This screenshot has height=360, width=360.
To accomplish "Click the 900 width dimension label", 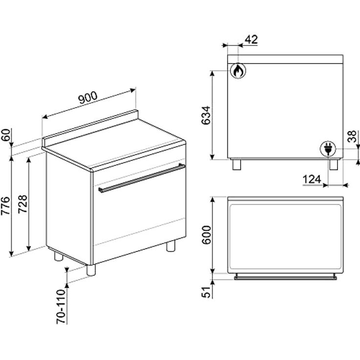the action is point(88,97).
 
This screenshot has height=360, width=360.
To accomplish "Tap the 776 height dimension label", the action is point(6,206).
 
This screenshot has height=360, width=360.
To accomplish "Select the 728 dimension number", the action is point(22,204).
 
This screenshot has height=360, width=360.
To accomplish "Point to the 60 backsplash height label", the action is point(6,135).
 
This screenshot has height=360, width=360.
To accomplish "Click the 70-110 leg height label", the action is point(61,307).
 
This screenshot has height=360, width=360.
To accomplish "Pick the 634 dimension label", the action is point(206,115).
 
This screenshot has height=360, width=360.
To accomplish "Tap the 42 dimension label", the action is point(251,40).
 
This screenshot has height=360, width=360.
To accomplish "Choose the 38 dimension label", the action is point(352,136).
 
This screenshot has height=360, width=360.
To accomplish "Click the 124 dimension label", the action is point(312,180).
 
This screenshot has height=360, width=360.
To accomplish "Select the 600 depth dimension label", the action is point(206,235).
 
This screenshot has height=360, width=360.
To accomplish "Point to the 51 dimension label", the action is point(206,292).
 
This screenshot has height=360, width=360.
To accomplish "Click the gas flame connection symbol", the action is point(238,70).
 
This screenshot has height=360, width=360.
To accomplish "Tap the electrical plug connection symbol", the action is point(328,149).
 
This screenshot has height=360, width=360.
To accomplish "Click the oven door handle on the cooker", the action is point(142,178).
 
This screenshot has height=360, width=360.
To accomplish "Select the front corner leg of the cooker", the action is point(91,270).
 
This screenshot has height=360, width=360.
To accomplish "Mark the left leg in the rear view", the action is point(236,165).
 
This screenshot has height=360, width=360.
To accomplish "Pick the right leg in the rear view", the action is point(334,165).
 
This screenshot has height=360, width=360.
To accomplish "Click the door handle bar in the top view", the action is point(286,278).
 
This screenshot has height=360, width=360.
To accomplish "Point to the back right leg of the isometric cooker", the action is point(171,246).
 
